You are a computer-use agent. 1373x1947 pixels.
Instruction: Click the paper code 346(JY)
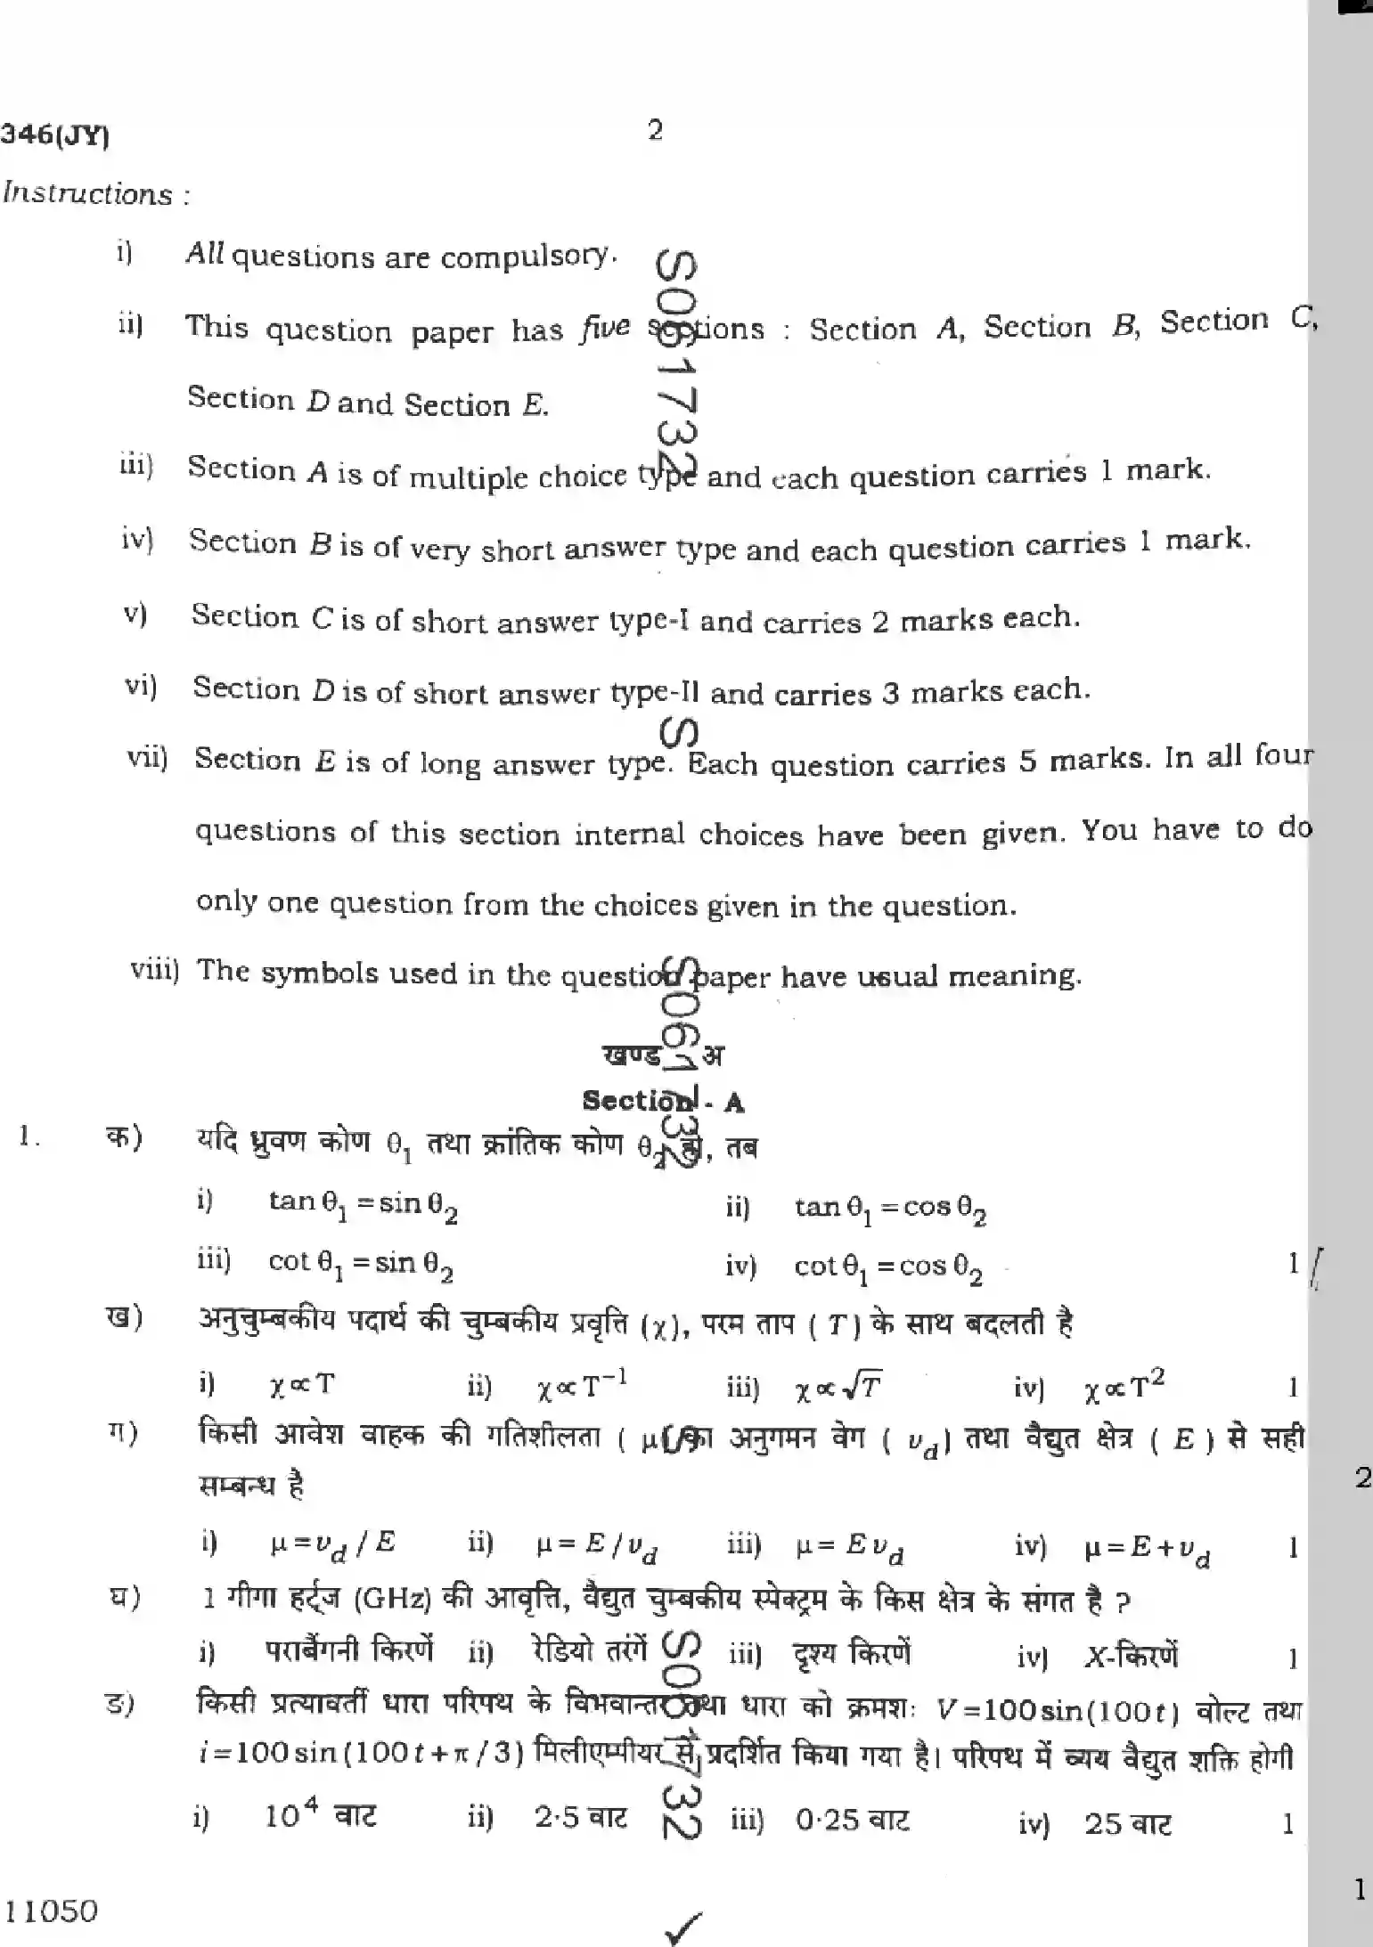coord(55,135)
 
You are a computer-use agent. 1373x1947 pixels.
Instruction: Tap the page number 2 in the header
coord(655,132)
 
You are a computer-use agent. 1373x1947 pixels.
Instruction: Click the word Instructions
coord(88,194)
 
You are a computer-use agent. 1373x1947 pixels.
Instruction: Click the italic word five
coord(605,329)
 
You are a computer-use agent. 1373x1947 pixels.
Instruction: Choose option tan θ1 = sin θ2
coord(363,1206)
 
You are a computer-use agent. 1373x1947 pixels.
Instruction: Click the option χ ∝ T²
coord(1124,1386)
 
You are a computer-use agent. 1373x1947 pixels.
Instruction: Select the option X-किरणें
coord(1131,1657)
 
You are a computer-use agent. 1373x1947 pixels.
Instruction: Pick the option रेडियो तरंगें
coord(589,1650)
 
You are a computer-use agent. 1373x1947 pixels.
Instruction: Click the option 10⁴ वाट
coord(321,1815)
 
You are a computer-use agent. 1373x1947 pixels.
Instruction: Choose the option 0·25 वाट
coord(853,1821)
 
